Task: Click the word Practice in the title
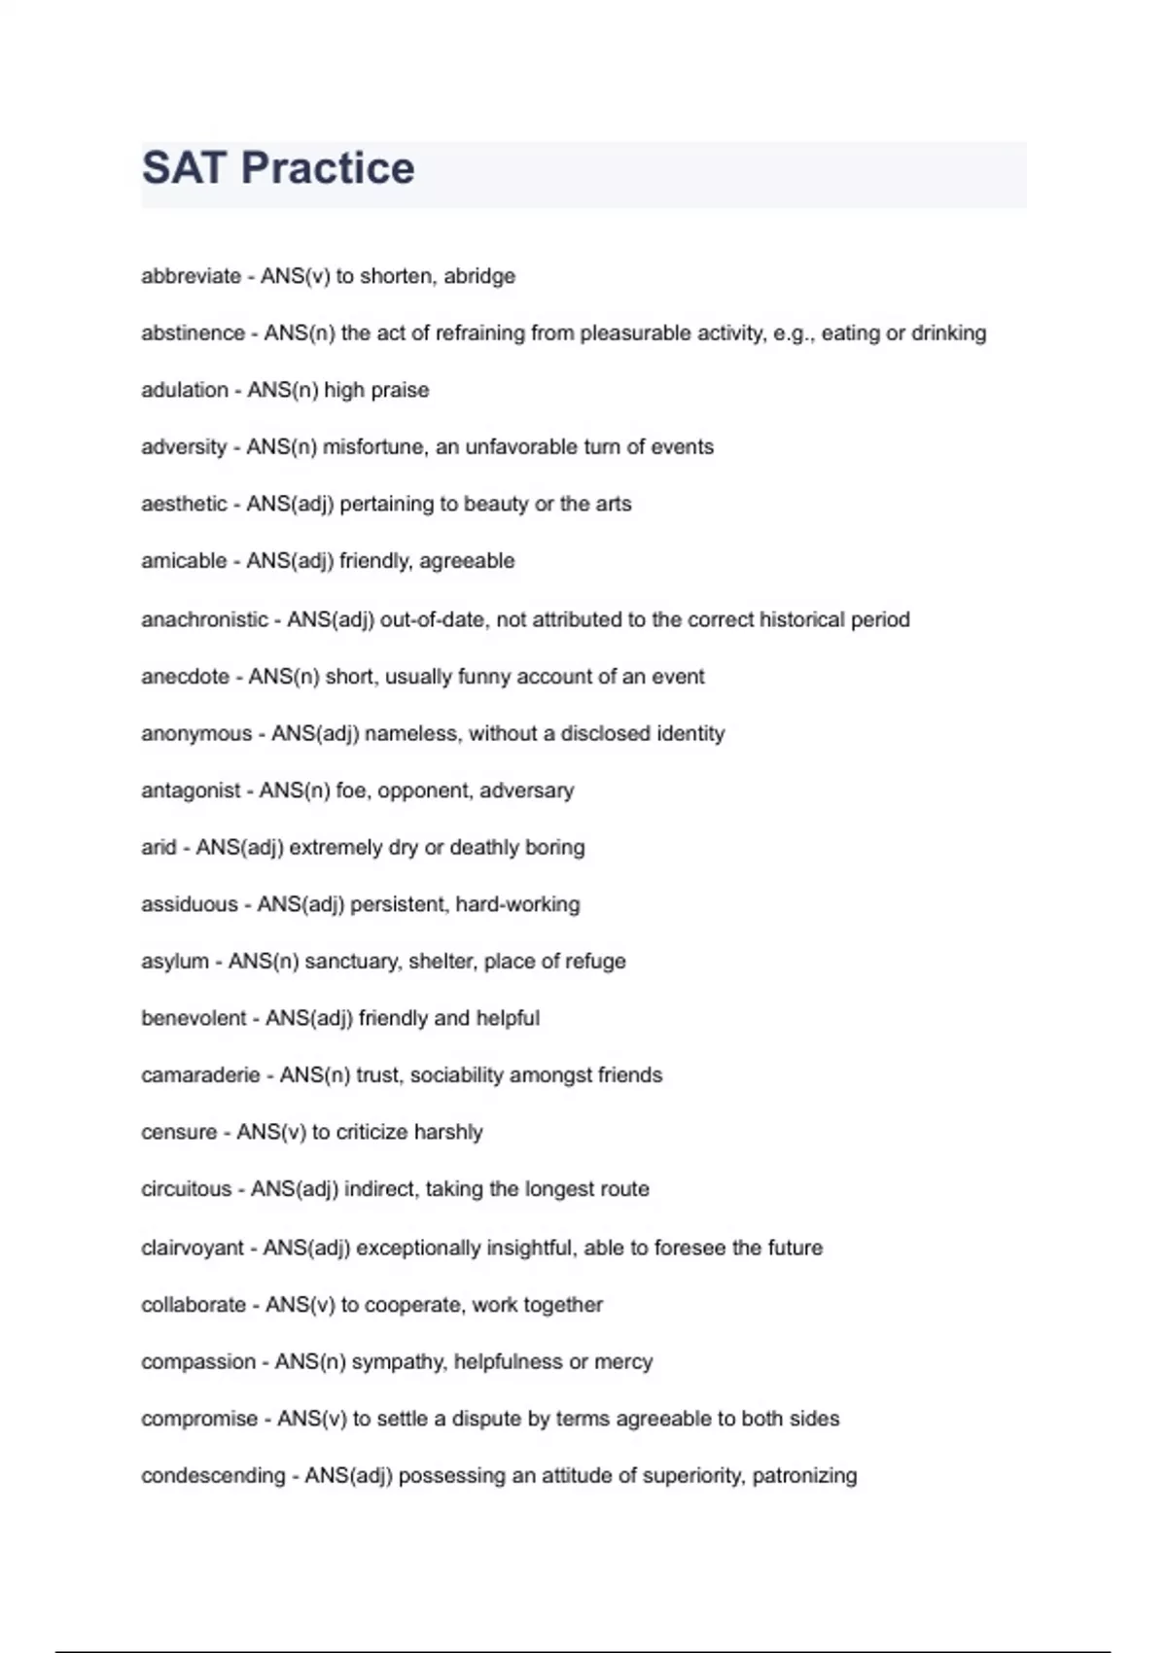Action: pyautogui.click(x=328, y=168)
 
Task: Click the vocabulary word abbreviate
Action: pyautogui.click(x=191, y=276)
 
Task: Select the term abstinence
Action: pyautogui.click(x=193, y=334)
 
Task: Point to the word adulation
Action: pyautogui.click(x=185, y=390)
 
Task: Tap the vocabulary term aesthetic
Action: pyautogui.click(x=184, y=504)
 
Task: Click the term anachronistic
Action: pyautogui.click(x=204, y=619)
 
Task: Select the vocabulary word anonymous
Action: pyautogui.click(x=196, y=733)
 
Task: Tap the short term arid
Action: pyautogui.click(x=159, y=847)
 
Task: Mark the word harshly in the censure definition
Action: pyautogui.click(x=448, y=1132)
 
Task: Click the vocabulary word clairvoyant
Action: pyautogui.click(x=193, y=1248)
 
